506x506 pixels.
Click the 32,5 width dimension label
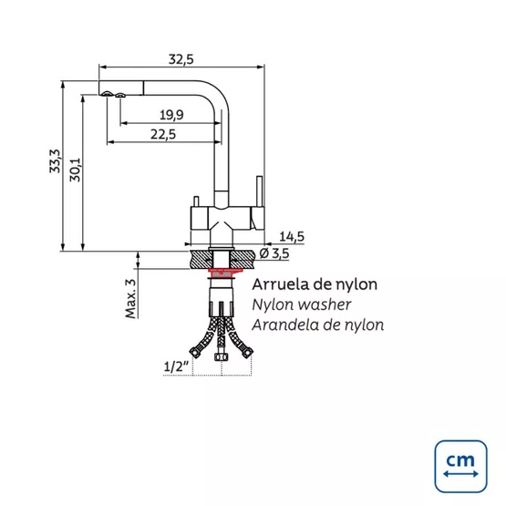pos(181,59)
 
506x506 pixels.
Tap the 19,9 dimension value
pos(171,115)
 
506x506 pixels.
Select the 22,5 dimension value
pos(163,134)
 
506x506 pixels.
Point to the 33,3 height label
pos(55,161)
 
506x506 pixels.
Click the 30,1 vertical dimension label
pos(75,170)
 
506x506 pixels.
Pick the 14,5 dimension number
pos(292,236)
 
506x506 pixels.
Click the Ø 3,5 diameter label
pos(274,253)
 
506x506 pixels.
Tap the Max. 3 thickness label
pos(130,298)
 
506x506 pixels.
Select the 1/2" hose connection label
pos(176,367)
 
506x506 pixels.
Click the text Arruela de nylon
pos(315,284)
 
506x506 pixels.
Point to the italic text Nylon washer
pos(302,305)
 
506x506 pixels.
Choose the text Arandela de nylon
pos(318,325)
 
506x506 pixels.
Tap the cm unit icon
pos(460,466)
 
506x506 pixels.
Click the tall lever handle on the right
pos(259,191)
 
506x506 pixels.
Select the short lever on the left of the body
pos(196,201)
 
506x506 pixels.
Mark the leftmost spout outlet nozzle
pos(107,94)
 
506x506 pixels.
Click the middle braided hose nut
pos(221,356)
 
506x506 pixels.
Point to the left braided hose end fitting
pos(194,352)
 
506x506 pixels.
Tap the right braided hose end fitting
pos(247,353)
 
